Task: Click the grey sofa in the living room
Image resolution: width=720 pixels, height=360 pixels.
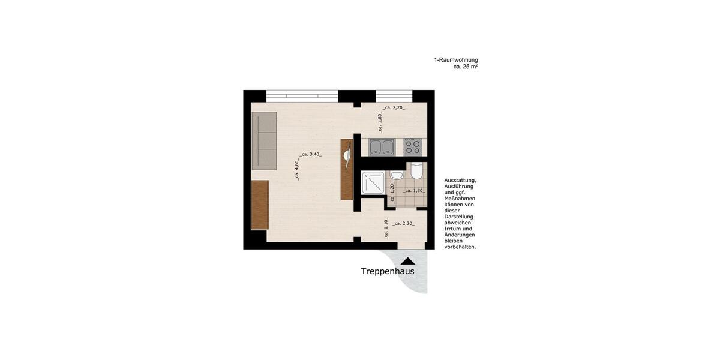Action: click(x=264, y=140)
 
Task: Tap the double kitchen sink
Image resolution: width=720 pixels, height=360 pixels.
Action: click(x=382, y=147)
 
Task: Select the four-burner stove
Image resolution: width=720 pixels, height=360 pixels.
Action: click(x=413, y=147)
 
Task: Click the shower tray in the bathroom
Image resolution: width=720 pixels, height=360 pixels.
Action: click(x=373, y=182)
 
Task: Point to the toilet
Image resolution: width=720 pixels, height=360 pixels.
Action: click(x=416, y=172)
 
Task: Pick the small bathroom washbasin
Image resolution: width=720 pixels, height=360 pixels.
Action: click(x=396, y=175)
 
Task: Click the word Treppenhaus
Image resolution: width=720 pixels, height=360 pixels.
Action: click(x=387, y=271)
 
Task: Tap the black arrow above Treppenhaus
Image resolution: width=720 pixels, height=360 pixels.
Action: click(x=408, y=260)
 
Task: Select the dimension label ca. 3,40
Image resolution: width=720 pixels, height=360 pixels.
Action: click(x=310, y=154)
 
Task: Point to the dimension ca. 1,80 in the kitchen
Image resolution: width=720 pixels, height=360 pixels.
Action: click(x=380, y=122)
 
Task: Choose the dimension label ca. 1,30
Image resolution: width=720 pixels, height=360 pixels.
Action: click(x=413, y=191)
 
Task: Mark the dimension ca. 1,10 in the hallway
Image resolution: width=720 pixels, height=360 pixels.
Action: click(x=387, y=224)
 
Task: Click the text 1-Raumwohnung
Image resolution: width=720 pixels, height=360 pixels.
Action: click(x=456, y=60)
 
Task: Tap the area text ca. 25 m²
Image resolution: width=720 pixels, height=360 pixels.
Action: click(x=466, y=67)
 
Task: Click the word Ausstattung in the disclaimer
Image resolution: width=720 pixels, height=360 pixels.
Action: click(x=460, y=180)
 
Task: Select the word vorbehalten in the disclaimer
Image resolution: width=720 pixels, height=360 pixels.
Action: click(x=460, y=247)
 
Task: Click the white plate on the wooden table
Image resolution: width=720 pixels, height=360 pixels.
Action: click(x=347, y=156)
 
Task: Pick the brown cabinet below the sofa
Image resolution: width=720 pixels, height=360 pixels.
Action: click(x=259, y=205)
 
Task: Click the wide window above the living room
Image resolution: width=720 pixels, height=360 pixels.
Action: click(x=302, y=95)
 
